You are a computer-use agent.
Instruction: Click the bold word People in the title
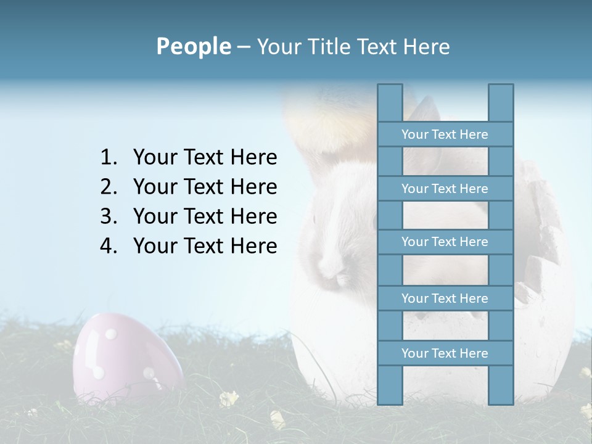(193, 46)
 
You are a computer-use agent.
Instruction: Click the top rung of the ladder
(445, 134)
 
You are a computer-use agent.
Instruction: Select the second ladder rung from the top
(445, 189)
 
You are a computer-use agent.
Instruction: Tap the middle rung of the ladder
(445, 242)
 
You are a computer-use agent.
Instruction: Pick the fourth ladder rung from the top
(445, 298)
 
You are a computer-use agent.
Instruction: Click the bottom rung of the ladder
(445, 353)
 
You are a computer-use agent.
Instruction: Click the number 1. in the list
(109, 158)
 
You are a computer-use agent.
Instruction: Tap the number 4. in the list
(109, 246)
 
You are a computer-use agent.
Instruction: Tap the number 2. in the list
(109, 187)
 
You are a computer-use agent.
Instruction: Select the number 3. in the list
(109, 216)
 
